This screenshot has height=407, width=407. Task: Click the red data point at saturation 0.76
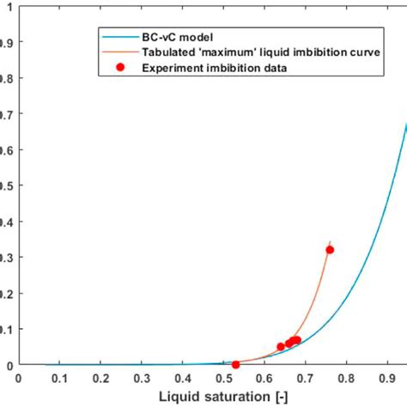(330, 250)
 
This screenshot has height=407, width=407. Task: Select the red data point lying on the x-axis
(236, 365)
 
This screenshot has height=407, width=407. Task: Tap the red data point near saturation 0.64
(281, 347)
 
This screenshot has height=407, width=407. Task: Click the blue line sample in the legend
(120, 38)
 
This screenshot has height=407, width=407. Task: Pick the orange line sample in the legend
(120, 53)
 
